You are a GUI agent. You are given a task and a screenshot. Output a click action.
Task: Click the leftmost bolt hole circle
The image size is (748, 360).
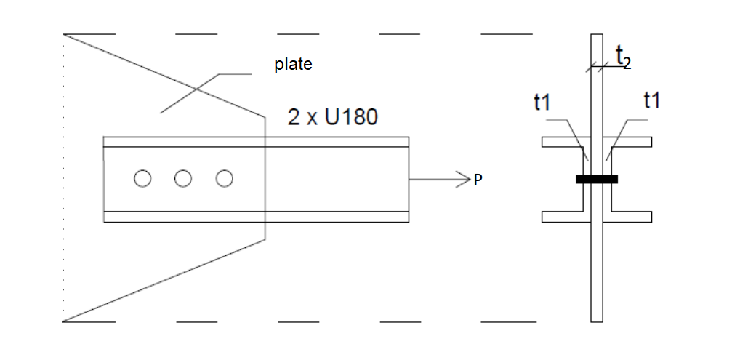click(x=142, y=178)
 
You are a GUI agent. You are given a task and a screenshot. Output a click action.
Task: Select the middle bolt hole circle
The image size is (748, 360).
click(x=183, y=178)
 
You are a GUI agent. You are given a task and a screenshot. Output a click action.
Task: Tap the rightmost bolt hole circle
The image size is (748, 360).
click(x=225, y=178)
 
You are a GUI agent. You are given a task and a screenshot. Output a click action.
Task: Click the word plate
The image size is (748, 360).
click(x=293, y=64)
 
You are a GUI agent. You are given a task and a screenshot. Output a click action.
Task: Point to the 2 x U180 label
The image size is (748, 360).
click(x=333, y=117)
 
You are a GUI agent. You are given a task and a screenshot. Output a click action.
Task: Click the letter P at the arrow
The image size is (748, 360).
click(x=478, y=180)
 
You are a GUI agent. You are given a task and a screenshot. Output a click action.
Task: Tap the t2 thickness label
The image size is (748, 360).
click(x=623, y=57)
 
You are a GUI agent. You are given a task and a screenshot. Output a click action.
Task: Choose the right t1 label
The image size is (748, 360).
click(x=652, y=101)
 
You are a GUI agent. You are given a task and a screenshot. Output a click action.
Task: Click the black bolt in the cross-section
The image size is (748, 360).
click(x=597, y=179)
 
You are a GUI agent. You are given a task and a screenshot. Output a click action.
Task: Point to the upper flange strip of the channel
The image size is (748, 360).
click(x=255, y=142)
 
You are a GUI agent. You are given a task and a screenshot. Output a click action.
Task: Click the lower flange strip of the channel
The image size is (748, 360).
click(x=255, y=216)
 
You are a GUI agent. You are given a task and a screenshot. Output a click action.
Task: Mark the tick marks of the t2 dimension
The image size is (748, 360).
click(x=597, y=68)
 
